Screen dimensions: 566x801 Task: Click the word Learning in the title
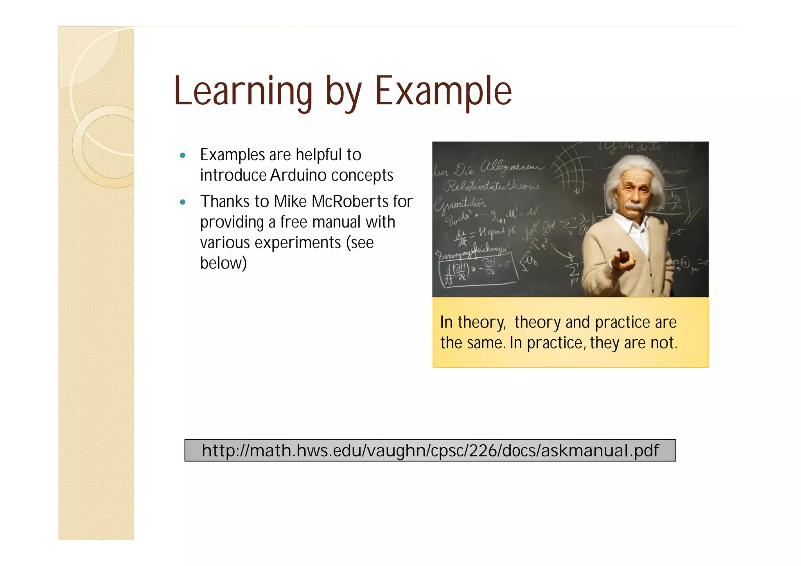coord(242,91)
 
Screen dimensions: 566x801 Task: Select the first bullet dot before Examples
coord(182,155)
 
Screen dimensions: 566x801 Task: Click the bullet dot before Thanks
coord(182,202)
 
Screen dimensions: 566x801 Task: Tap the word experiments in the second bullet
coord(298,243)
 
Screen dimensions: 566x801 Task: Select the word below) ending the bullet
coord(223,263)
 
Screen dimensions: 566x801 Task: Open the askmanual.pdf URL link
coord(430,450)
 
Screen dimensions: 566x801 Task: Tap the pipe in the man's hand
coord(623,256)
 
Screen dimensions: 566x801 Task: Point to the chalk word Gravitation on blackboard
coord(460,204)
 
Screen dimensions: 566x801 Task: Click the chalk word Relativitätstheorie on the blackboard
coord(492,186)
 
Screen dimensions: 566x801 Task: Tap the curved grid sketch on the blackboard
coord(571,166)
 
